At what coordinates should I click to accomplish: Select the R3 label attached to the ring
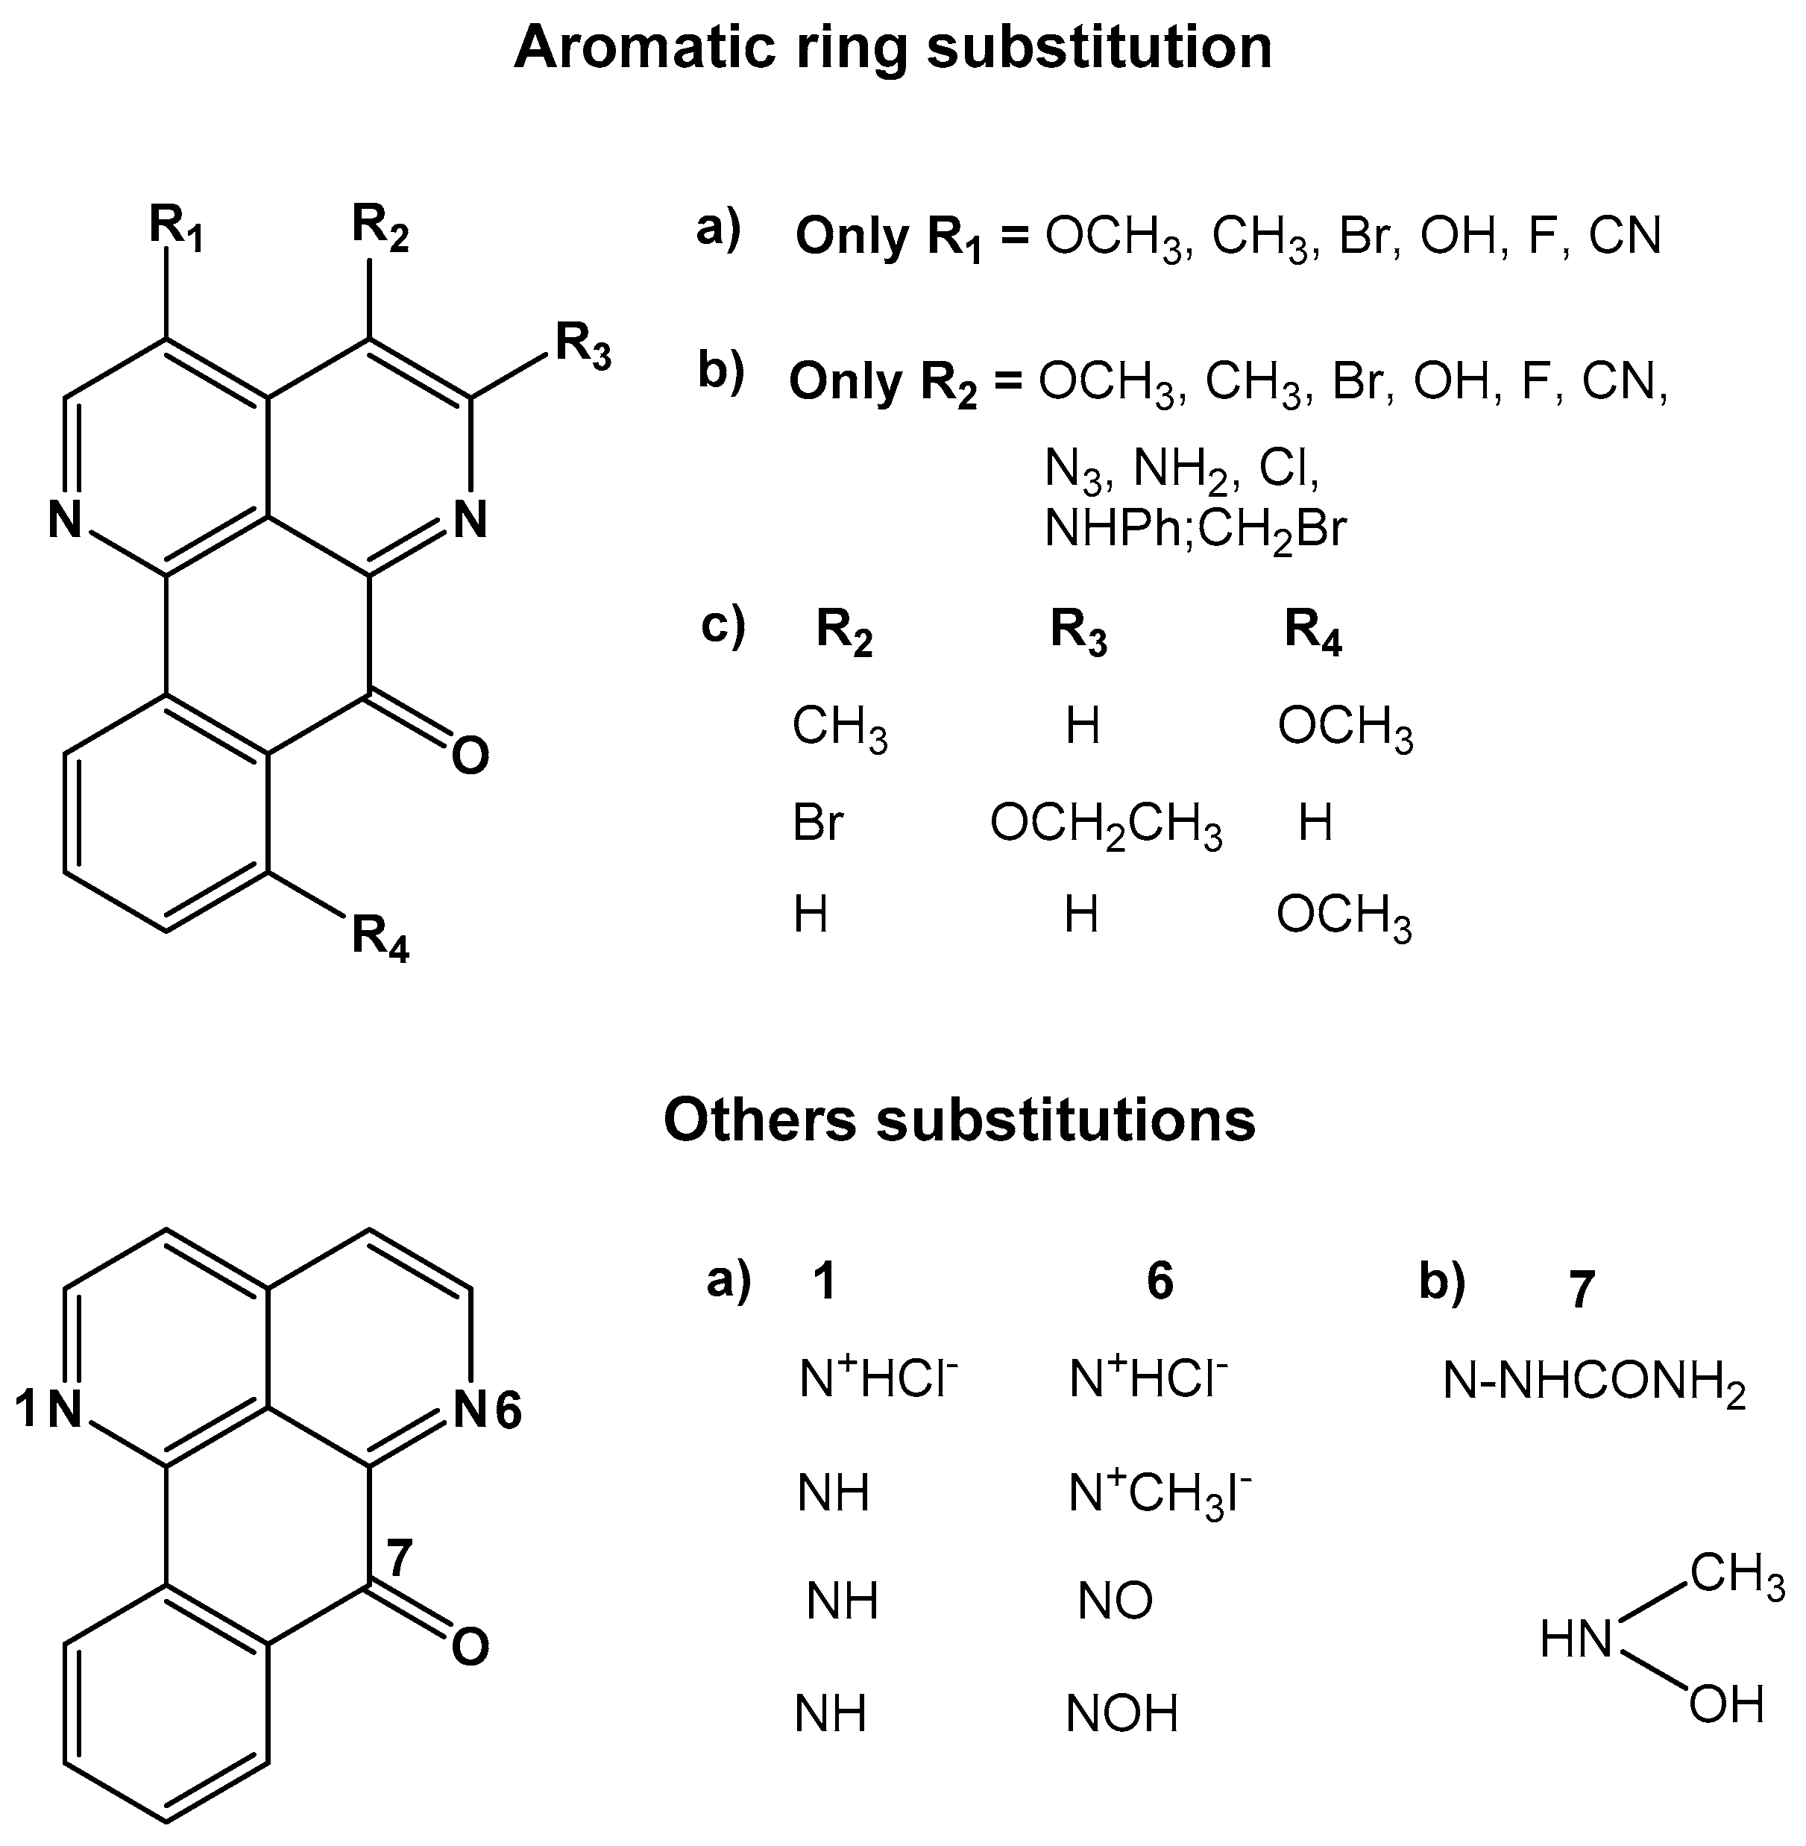click(582, 346)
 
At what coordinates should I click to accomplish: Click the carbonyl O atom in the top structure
click(471, 757)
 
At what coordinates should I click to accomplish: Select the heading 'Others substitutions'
click(959, 1120)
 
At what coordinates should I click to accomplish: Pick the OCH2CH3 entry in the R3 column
click(1106, 824)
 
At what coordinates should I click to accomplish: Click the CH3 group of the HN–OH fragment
click(1736, 1576)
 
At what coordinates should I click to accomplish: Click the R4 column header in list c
click(1313, 632)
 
